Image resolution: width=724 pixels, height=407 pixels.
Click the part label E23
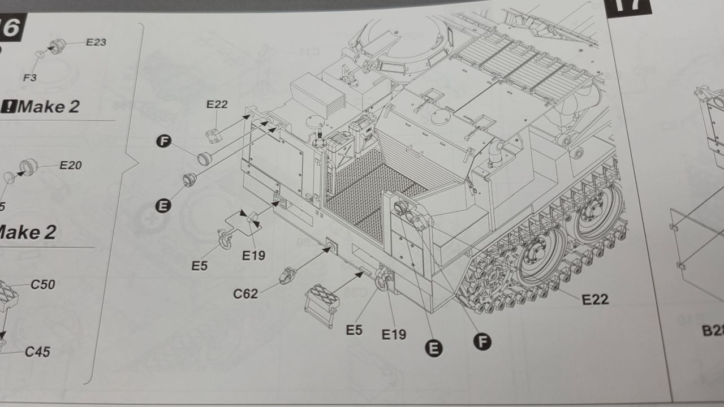[96, 42]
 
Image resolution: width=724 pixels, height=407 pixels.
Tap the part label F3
[30, 77]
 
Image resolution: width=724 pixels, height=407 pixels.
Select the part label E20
[71, 165]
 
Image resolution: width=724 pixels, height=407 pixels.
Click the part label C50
[43, 284]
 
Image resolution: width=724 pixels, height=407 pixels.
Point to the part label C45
[37, 352]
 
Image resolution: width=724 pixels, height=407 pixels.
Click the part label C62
[245, 293]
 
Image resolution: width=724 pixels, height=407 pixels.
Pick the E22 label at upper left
[217, 104]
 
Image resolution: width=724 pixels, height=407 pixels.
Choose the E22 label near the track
[595, 299]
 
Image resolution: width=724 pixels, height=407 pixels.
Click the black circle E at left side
[163, 206]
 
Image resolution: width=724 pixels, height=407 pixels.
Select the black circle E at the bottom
[434, 349]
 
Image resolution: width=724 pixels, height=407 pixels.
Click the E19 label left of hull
[253, 256]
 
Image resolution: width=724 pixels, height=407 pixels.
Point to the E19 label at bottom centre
[394, 334]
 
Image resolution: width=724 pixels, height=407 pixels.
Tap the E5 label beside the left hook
[199, 265]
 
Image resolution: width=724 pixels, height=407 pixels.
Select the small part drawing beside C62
[287, 275]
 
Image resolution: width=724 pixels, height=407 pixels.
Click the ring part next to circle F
[204, 158]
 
